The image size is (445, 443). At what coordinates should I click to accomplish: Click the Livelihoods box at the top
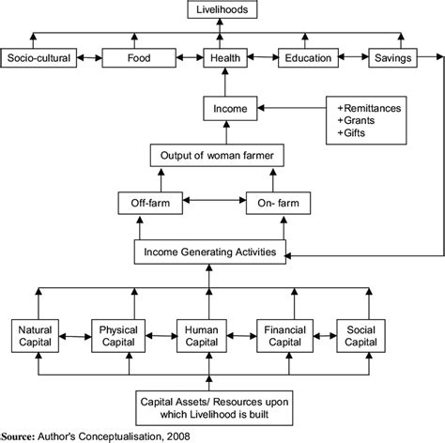[x=222, y=9]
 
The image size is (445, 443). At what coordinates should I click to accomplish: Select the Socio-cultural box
[x=36, y=57]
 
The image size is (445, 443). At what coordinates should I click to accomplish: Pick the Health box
[x=222, y=57]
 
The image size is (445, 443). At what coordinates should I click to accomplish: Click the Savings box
[x=391, y=57]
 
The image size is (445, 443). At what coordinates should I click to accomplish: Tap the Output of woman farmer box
[x=218, y=154]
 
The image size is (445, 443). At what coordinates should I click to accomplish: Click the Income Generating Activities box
[x=210, y=252]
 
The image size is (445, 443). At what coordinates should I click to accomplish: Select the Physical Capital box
[x=121, y=336]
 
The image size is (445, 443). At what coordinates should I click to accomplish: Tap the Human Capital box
[x=203, y=336]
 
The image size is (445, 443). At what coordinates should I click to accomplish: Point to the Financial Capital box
[x=284, y=336]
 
